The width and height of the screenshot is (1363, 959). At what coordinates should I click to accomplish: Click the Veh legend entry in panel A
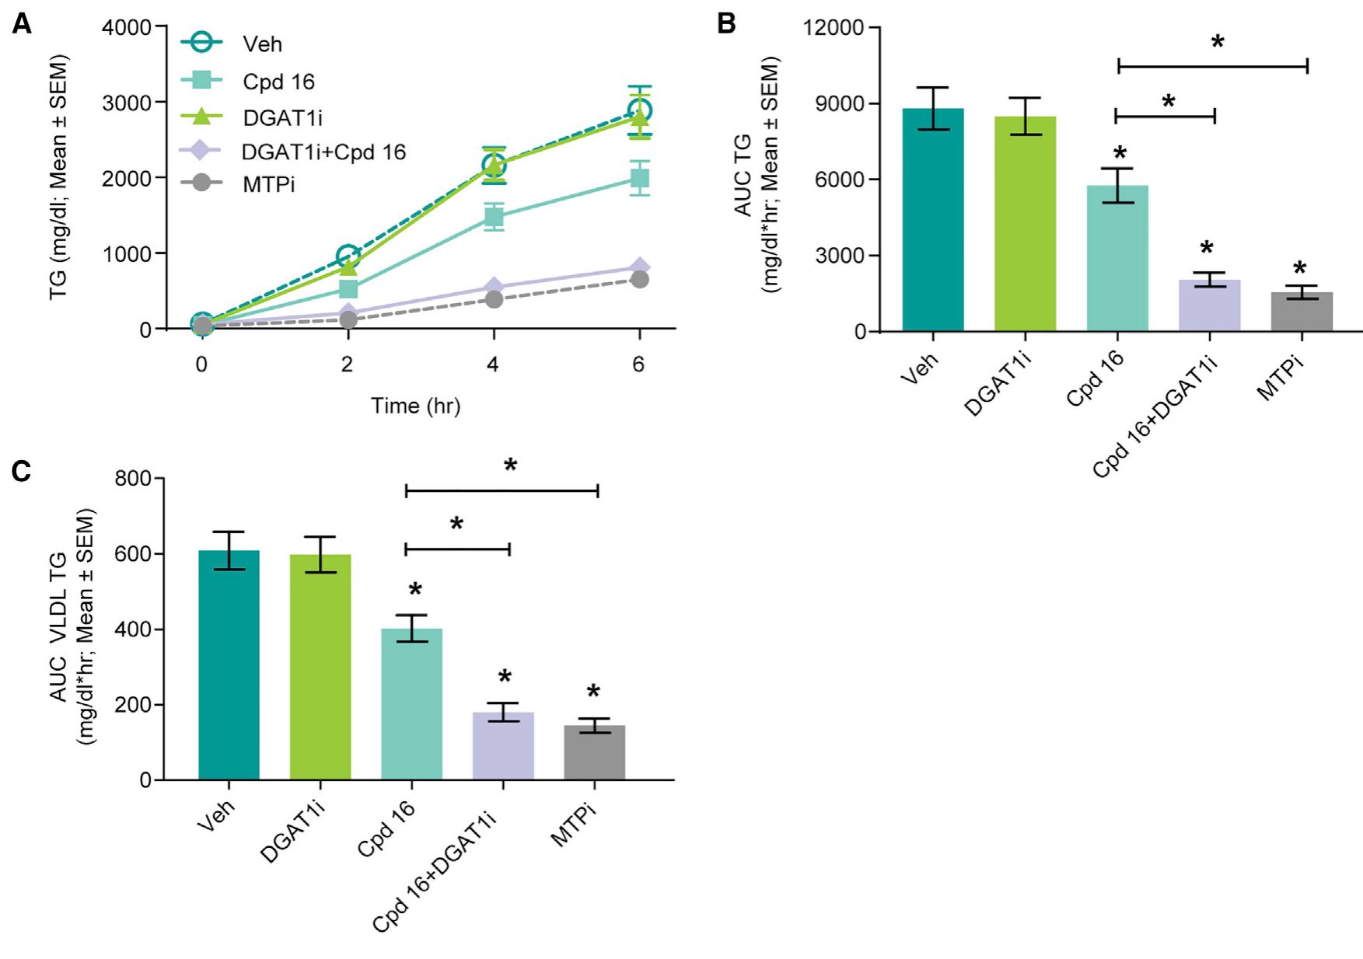tap(262, 44)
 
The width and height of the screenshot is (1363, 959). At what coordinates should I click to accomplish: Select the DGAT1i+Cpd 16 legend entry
tap(323, 152)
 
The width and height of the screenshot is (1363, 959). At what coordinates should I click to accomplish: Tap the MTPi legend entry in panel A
tap(268, 185)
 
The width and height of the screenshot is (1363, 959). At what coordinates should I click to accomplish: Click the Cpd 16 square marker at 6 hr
tap(639, 179)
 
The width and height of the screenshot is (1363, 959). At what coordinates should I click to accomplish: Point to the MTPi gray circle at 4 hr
tap(494, 298)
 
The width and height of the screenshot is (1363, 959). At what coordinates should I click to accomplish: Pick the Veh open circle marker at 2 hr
tap(348, 256)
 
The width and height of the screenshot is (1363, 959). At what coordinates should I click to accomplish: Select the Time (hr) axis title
tap(415, 406)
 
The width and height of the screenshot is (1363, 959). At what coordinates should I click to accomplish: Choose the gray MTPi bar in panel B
tap(1302, 312)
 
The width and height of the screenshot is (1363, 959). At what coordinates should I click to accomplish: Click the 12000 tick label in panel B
tap(834, 28)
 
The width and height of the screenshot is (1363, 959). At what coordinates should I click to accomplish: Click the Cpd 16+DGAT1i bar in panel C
tap(503, 745)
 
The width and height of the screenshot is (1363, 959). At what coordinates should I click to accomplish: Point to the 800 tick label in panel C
tap(133, 479)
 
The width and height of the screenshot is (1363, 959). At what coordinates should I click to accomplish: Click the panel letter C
tap(21, 472)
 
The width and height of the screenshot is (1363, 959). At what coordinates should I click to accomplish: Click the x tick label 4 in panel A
tap(493, 365)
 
